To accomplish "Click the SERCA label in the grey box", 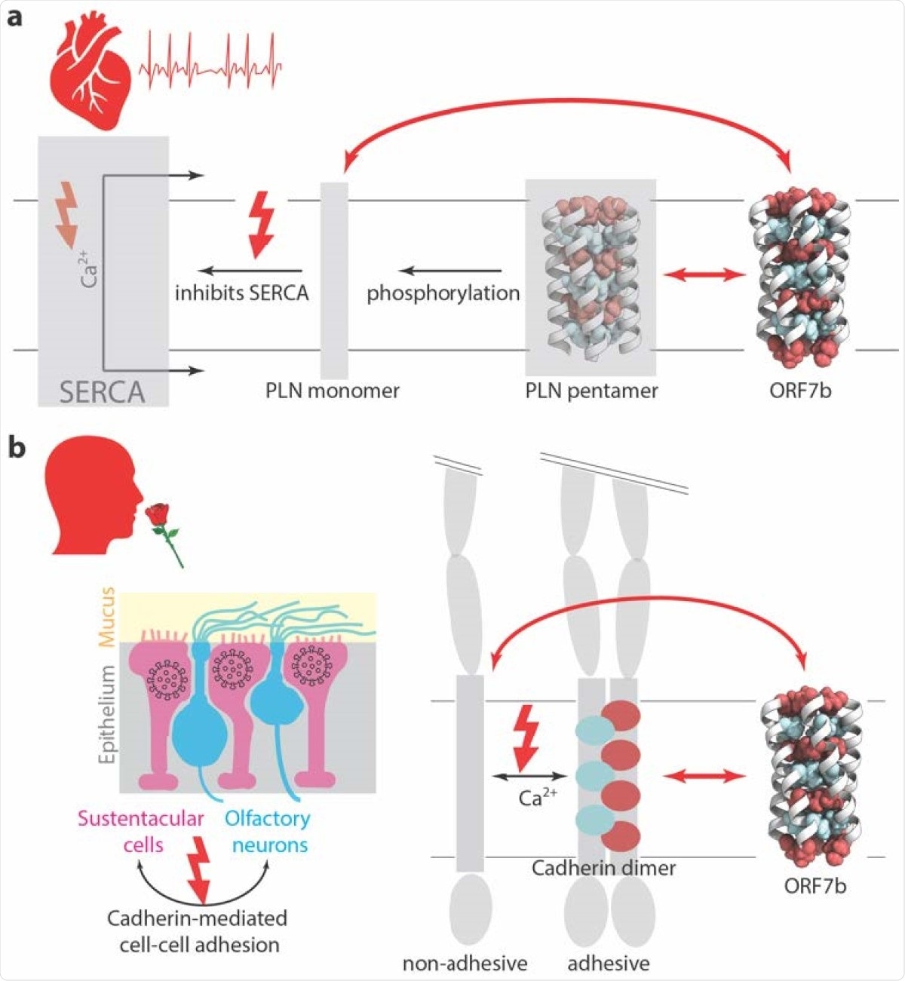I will tap(103, 392).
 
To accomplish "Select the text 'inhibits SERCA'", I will tap(241, 293).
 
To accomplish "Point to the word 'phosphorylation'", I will tap(443, 293).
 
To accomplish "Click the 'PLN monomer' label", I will tap(332, 391).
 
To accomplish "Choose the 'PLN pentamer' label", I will tap(591, 391).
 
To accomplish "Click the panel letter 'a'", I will tap(14, 17).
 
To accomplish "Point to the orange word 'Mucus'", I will tap(107, 616).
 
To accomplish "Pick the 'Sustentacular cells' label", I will tap(142, 831).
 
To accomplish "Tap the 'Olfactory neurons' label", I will tap(268, 831).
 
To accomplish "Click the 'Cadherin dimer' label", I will tap(603, 867).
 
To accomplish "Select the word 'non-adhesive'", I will tap(465, 963).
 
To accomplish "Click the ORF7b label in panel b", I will tap(814, 884).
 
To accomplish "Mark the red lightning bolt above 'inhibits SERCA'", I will tap(261, 222).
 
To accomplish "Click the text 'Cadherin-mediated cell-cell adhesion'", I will tap(198, 931).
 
